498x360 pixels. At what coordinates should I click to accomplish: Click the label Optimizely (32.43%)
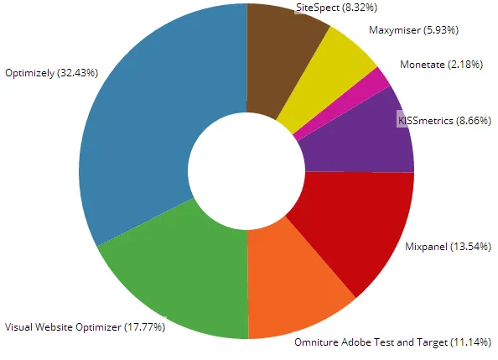click(x=52, y=73)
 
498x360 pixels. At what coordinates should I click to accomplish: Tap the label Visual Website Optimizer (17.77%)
click(x=85, y=326)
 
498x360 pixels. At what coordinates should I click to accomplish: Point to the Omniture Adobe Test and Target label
click(x=393, y=342)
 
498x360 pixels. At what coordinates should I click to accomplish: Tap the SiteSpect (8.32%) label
click(x=336, y=8)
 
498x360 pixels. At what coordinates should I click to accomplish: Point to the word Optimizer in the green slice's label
click(x=101, y=326)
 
